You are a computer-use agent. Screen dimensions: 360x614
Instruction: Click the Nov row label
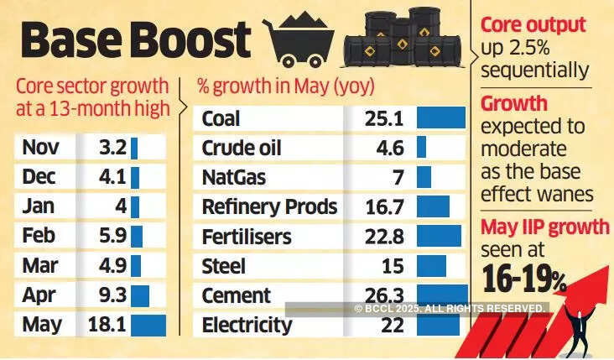click(x=39, y=149)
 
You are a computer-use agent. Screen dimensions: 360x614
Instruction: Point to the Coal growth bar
click(x=440, y=118)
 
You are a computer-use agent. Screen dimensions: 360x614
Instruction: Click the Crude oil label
click(x=242, y=149)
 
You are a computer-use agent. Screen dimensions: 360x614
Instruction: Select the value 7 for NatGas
click(x=398, y=178)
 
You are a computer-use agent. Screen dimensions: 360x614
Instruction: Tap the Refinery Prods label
click(x=269, y=207)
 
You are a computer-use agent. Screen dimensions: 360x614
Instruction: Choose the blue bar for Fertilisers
click(x=439, y=237)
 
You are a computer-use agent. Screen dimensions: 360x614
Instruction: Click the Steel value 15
click(x=392, y=266)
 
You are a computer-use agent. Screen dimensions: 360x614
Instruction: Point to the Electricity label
click(x=247, y=325)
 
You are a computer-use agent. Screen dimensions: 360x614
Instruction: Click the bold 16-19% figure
click(x=525, y=277)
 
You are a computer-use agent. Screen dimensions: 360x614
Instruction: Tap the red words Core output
click(x=533, y=24)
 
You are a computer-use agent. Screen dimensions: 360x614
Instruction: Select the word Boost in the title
click(x=192, y=39)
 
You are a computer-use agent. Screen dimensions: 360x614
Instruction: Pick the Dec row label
click(x=39, y=178)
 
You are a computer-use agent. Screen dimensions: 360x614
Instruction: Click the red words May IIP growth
click(x=544, y=227)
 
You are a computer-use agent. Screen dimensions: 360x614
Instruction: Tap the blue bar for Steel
click(x=431, y=266)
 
